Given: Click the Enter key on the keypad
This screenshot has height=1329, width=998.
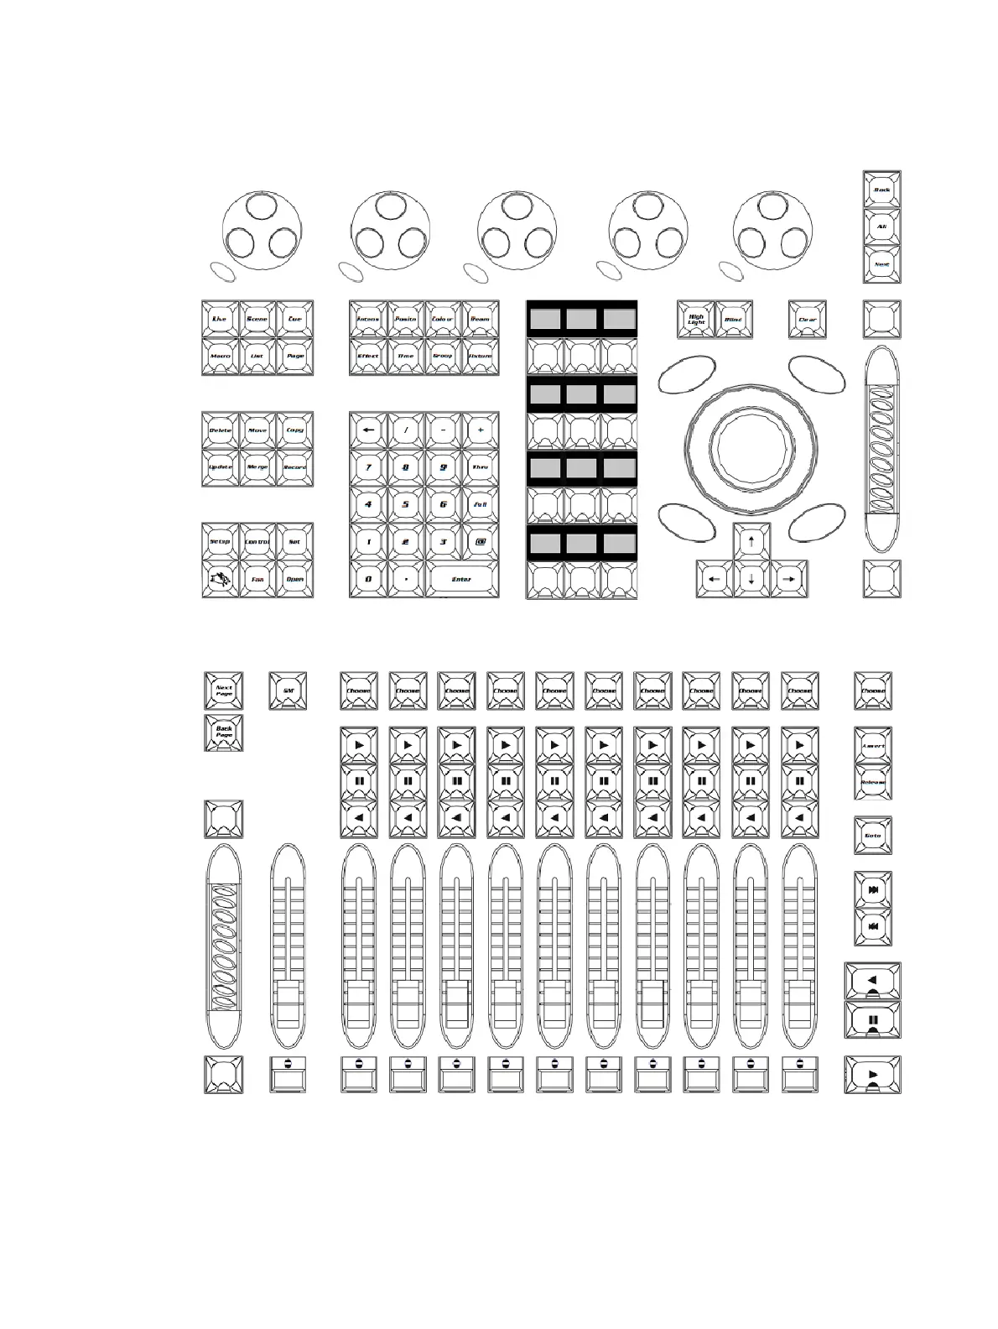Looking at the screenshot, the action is click(461, 579).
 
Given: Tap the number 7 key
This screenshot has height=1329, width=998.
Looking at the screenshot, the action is click(368, 467).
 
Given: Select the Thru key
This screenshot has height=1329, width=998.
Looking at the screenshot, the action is click(480, 467).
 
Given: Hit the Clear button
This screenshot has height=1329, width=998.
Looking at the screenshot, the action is click(807, 319).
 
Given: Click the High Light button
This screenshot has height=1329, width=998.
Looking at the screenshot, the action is click(696, 319).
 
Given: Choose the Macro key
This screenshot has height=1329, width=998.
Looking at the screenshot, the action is click(221, 356).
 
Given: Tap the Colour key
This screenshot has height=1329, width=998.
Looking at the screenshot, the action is click(443, 319).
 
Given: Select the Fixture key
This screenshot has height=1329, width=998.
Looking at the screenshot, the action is click(480, 356).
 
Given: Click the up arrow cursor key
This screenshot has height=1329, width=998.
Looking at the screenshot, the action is click(751, 541).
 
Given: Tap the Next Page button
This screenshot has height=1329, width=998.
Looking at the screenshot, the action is click(224, 691).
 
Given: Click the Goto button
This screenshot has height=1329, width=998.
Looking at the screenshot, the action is click(873, 835).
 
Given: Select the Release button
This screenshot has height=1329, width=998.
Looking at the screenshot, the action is click(873, 782).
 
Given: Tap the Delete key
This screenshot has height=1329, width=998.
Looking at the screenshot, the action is click(221, 430).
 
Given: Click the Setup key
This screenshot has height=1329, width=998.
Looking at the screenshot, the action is click(221, 541).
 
